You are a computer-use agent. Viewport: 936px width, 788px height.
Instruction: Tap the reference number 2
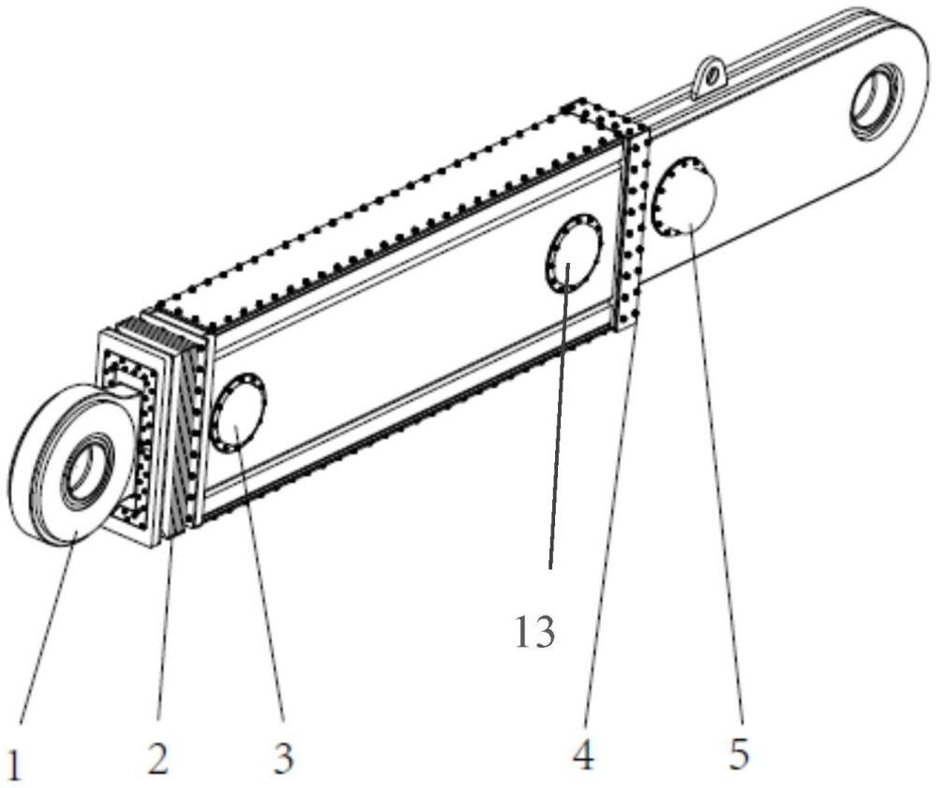point(157,758)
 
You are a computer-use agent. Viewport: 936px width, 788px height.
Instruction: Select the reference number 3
point(283,758)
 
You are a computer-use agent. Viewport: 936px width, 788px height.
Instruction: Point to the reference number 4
point(582,754)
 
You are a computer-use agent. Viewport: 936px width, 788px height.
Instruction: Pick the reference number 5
point(739,753)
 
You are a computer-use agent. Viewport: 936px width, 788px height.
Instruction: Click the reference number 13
point(534,633)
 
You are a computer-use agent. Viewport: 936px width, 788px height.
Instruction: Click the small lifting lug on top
point(710,77)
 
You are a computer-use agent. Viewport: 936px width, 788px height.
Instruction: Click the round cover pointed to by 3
point(239,413)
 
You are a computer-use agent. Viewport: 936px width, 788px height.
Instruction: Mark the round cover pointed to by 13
point(574,254)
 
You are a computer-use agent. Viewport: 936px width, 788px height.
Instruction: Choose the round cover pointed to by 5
point(685,197)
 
